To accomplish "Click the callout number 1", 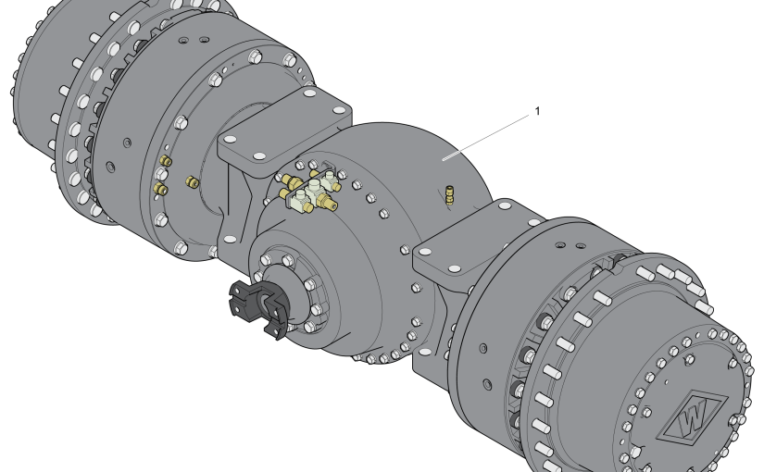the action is click(537, 111).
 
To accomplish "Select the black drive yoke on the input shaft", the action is click(258, 308).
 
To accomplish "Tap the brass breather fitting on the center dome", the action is click(449, 195).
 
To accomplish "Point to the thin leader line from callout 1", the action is click(486, 137).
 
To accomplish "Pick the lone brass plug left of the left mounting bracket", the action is click(192, 182).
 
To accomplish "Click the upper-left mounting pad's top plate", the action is click(284, 129).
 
